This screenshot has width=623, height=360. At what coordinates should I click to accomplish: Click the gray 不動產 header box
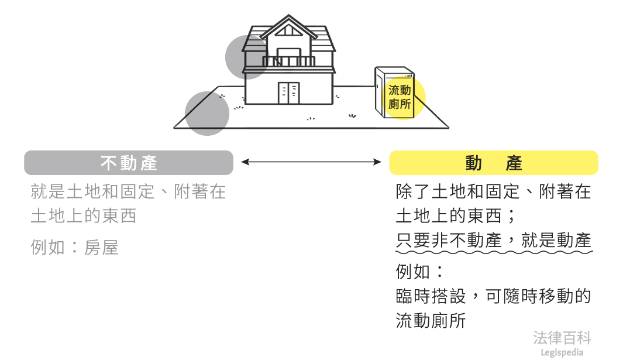[x=129, y=163]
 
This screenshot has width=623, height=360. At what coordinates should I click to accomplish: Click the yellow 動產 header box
[x=494, y=163]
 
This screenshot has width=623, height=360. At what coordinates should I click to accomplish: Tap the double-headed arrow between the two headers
[x=311, y=162]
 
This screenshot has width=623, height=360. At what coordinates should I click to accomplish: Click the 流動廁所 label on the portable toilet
[x=400, y=97]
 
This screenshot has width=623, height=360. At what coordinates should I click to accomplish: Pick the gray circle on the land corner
[x=207, y=114]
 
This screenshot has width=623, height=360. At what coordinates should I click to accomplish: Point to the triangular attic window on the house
[x=289, y=32]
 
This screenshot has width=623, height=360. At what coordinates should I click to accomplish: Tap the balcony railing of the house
[x=289, y=61]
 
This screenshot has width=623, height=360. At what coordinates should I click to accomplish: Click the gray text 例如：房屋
[x=74, y=248]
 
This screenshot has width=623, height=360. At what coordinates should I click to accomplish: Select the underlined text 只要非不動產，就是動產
[x=494, y=241]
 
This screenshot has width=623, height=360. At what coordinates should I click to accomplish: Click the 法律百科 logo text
[x=562, y=338]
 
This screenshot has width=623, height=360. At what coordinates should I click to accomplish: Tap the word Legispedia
[x=562, y=352]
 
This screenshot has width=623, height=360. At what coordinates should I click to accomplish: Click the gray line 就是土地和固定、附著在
[x=128, y=191]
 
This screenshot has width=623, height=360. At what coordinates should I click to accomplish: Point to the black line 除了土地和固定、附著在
[x=494, y=191]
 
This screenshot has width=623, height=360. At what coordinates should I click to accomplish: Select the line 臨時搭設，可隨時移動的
[x=494, y=296]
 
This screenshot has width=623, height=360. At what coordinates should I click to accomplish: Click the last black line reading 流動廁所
[x=431, y=321]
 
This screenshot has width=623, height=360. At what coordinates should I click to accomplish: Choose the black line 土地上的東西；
[x=456, y=216]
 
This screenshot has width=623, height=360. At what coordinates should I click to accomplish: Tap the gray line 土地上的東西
[x=84, y=216]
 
